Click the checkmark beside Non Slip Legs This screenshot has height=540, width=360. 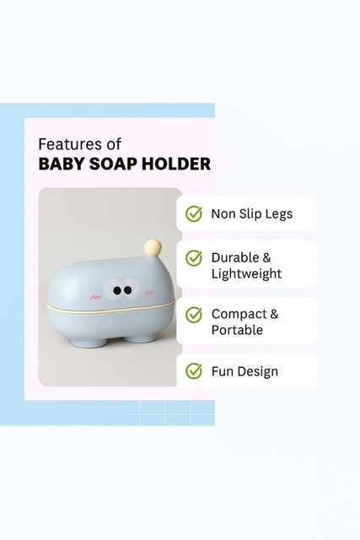click(194, 213)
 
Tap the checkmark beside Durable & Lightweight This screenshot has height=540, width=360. click(194, 258)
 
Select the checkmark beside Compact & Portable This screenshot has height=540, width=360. click(194, 315)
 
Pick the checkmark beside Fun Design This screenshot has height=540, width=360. click(194, 371)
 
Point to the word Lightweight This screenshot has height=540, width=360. click(246, 273)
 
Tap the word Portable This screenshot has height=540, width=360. click(237, 330)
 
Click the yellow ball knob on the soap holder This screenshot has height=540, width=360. click(153, 247)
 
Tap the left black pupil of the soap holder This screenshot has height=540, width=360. click(117, 290)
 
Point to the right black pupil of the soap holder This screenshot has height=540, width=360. click(128, 290)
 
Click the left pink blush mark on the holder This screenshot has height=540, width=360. click(94, 296)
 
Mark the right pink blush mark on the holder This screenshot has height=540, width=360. click(148, 293)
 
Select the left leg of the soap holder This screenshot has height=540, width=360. click(83, 343)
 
